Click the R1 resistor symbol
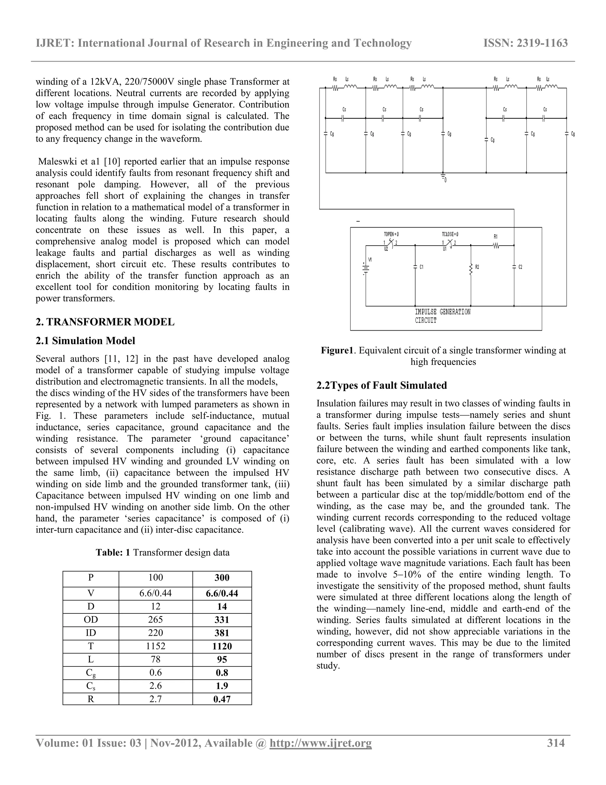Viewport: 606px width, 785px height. coord(496,246)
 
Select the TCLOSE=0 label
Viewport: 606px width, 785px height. coord(450,234)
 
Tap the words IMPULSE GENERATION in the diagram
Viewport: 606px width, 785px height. coord(442,312)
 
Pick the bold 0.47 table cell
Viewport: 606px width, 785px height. coord(222,699)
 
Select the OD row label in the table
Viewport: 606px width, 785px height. coord(91,619)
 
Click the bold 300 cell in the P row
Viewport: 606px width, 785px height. coord(222,577)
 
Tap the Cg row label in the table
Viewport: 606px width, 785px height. coord(91,672)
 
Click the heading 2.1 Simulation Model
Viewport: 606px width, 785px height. coord(86,340)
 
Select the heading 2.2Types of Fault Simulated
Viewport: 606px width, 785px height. coord(382,385)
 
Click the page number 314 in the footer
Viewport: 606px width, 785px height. coord(555,743)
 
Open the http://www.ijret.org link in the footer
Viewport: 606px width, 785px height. coord(320,743)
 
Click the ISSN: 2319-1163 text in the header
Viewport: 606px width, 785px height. coord(525,43)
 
